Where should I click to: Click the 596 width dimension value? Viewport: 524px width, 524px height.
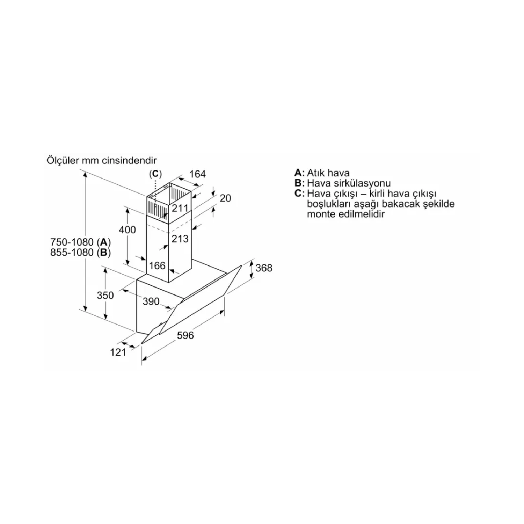pos(185,335)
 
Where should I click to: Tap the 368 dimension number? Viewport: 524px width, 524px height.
pos(264,268)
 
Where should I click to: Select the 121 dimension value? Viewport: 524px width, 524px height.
pos(118,352)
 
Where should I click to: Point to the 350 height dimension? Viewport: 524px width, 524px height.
pos(105,295)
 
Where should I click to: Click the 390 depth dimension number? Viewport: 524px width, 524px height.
pos(151,301)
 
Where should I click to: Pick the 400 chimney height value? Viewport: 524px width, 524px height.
pos(127,230)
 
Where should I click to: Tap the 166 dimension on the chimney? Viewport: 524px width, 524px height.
pos(157,266)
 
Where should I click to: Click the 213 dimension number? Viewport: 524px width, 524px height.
pos(180,239)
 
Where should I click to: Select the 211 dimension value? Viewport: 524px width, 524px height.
pos(180,209)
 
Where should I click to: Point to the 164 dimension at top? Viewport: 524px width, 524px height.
pos(198,174)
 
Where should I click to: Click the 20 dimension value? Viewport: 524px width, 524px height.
pos(225,198)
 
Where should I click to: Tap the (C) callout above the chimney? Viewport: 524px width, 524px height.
pos(155,174)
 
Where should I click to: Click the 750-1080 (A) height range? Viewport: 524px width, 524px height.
pos(80,242)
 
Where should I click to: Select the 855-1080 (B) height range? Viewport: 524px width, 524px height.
pos(80,253)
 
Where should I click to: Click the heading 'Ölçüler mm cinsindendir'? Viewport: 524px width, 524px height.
pos(102,160)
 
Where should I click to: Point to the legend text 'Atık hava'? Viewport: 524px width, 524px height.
pos(328,173)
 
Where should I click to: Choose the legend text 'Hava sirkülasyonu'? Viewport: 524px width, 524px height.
pos(349,183)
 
